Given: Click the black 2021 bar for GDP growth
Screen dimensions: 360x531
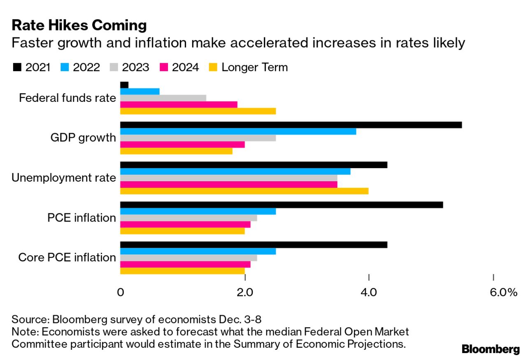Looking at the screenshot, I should point(291,125).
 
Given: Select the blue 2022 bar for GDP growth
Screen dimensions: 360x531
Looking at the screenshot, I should point(238,132).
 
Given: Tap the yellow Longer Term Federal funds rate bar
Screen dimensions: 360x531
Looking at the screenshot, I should point(198,111).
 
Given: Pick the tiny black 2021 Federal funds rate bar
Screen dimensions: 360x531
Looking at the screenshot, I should point(124,85).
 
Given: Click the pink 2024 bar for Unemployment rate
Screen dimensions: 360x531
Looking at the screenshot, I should point(228,185).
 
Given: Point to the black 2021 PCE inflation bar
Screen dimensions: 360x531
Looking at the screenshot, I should point(281,205).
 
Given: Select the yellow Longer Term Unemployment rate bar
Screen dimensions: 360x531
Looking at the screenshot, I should point(244,191).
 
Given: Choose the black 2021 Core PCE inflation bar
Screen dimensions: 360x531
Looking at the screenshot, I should point(254,245).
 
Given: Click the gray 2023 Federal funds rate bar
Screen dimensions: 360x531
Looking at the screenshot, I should point(163,98).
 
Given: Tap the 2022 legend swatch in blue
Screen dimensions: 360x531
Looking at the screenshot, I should point(65,67).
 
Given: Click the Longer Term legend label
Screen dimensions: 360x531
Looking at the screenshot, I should point(254,67).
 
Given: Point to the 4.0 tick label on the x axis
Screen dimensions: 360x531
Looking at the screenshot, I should point(368,293).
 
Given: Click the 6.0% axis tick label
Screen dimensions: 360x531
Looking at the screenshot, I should point(503,293).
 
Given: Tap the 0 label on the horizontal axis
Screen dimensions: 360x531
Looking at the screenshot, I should point(121,293).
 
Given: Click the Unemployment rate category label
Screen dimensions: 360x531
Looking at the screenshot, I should point(64,178).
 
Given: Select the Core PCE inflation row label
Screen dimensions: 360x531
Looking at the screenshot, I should point(67,258).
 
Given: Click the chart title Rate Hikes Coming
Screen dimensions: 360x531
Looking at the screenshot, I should point(79,25).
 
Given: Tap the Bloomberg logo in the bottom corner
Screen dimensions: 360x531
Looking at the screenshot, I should point(491,349).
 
